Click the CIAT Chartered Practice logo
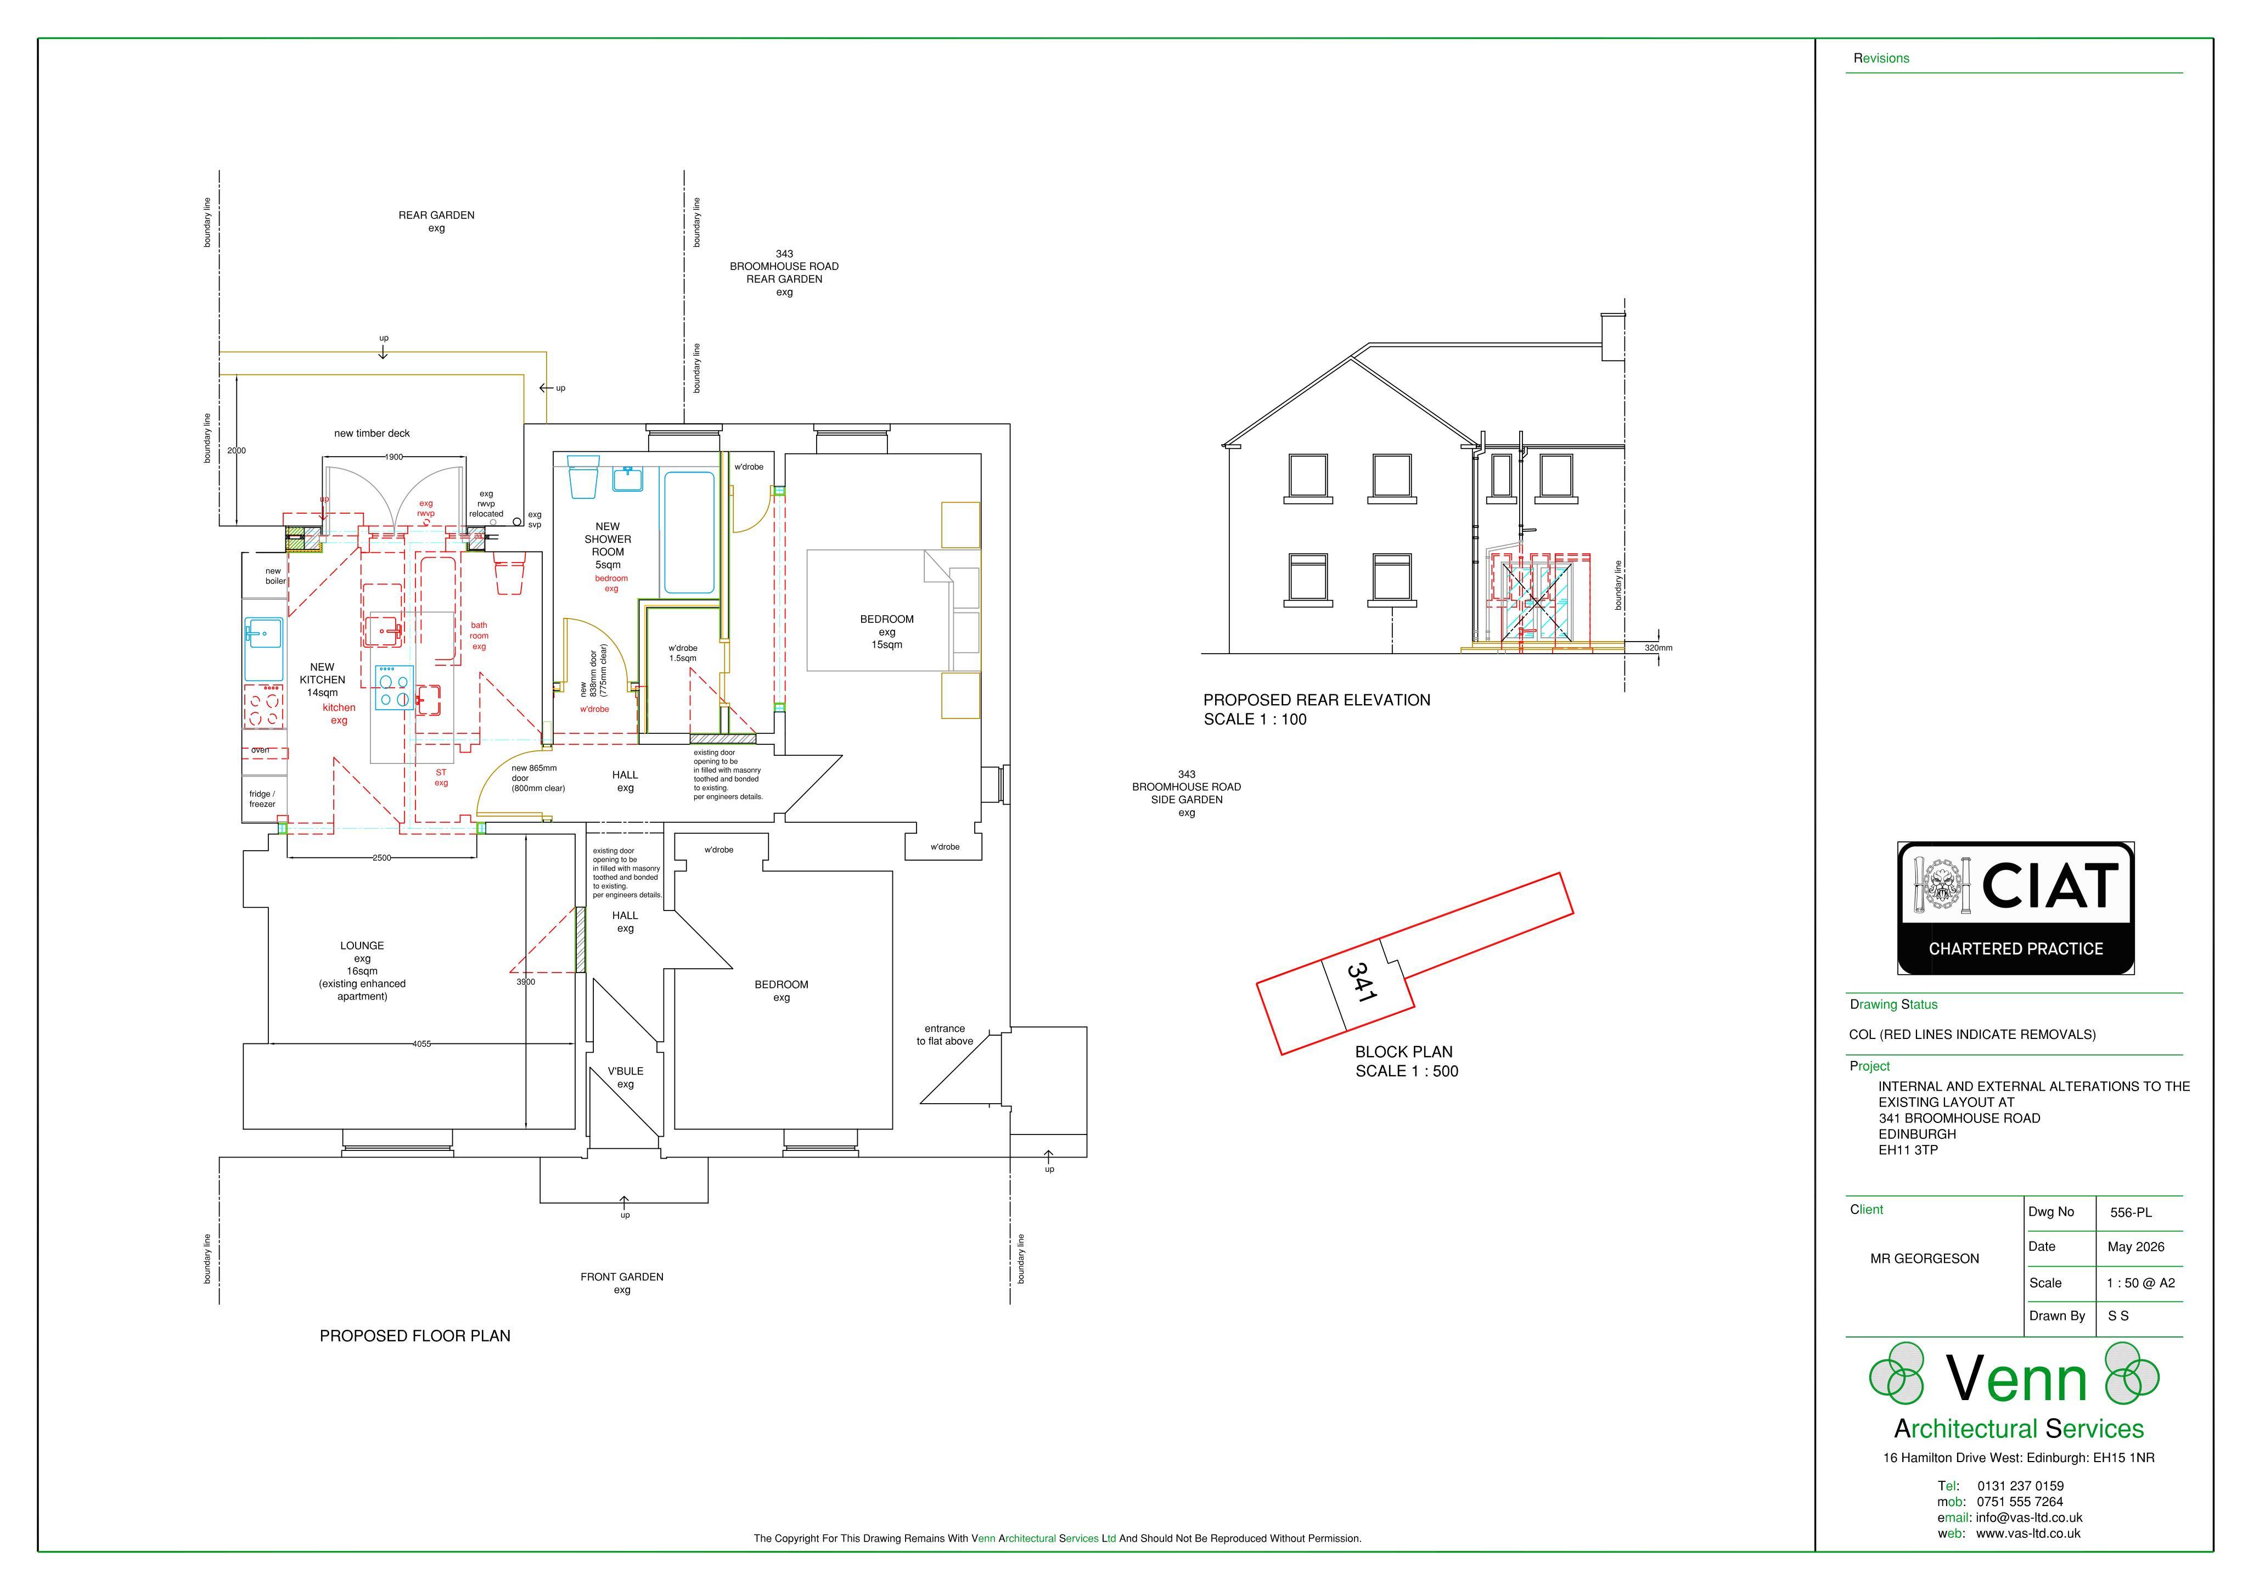2016,908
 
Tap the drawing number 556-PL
2131,1212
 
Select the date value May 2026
2137,1246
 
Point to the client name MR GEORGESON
1924,1258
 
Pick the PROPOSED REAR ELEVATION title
1316,700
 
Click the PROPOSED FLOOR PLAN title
415,1335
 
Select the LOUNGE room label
362,946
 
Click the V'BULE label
626,1071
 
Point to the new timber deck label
372,432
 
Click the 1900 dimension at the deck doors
394,457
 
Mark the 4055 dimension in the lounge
421,1044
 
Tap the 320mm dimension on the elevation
1659,648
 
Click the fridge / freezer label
262,799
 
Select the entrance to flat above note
945,1035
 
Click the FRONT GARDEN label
622,1277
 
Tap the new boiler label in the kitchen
275,576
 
